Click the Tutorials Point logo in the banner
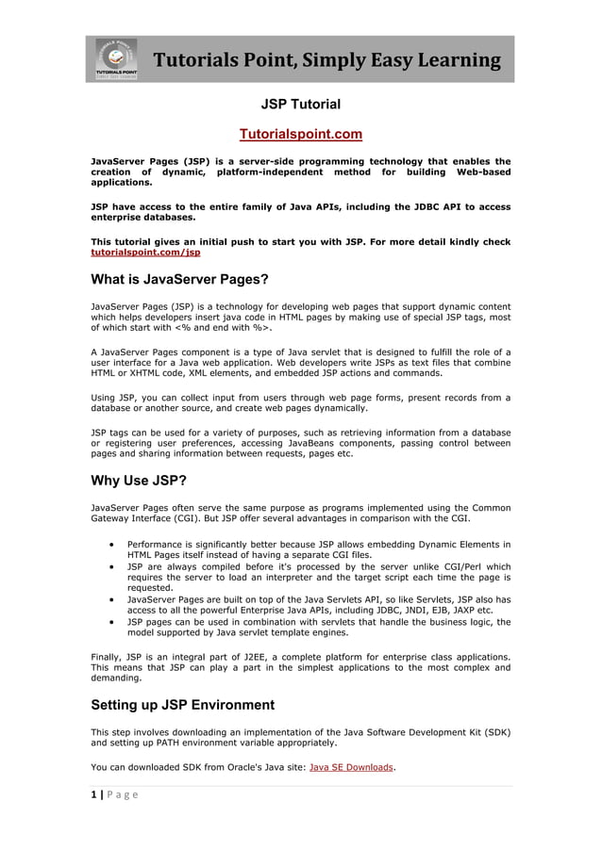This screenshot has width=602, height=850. (x=116, y=59)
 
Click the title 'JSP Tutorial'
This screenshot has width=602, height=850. (x=300, y=104)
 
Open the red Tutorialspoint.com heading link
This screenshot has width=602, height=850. (x=300, y=135)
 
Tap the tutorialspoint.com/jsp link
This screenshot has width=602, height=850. (x=145, y=253)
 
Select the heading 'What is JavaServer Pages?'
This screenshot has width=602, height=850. (x=179, y=280)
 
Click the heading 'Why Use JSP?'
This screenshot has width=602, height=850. (x=138, y=481)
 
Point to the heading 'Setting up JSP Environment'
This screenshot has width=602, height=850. (x=182, y=705)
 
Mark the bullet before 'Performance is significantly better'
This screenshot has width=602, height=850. (x=113, y=545)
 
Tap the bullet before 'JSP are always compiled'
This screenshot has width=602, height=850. (x=113, y=567)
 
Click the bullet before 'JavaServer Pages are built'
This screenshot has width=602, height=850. (x=113, y=599)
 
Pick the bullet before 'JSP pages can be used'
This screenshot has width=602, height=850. (x=113, y=622)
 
